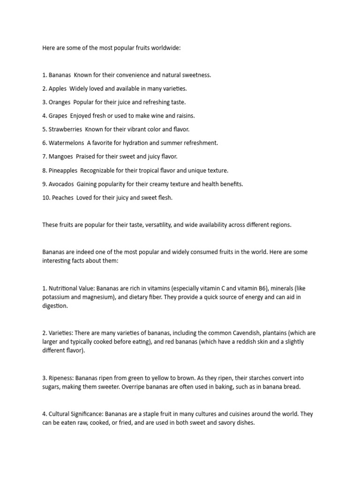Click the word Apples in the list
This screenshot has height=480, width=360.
(58, 89)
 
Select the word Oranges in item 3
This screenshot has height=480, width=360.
(60, 102)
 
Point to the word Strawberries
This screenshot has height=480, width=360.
(65, 129)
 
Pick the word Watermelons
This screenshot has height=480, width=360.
(66, 143)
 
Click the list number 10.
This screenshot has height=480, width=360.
(45, 198)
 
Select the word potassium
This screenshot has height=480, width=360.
(56, 297)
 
